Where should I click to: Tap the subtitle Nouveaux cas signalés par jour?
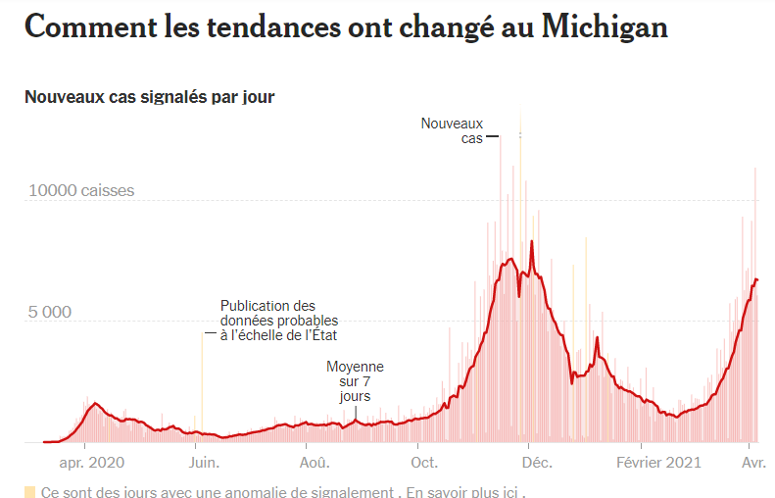tap(150, 96)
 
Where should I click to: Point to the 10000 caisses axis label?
tap(81, 190)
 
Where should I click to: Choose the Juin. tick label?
tap(204, 462)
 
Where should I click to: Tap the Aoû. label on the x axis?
tap(315, 462)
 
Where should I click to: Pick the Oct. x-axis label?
tap(424, 462)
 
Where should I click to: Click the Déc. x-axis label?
tap(535, 462)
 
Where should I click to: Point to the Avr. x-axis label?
tap(752, 462)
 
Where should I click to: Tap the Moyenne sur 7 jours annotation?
tap(355, 381)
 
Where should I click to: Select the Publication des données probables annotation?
tap(279, 321)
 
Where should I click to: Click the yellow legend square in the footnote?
tap(29, 491)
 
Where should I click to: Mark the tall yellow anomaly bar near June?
tap(203, 387)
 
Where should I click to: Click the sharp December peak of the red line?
tap(532, 241)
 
